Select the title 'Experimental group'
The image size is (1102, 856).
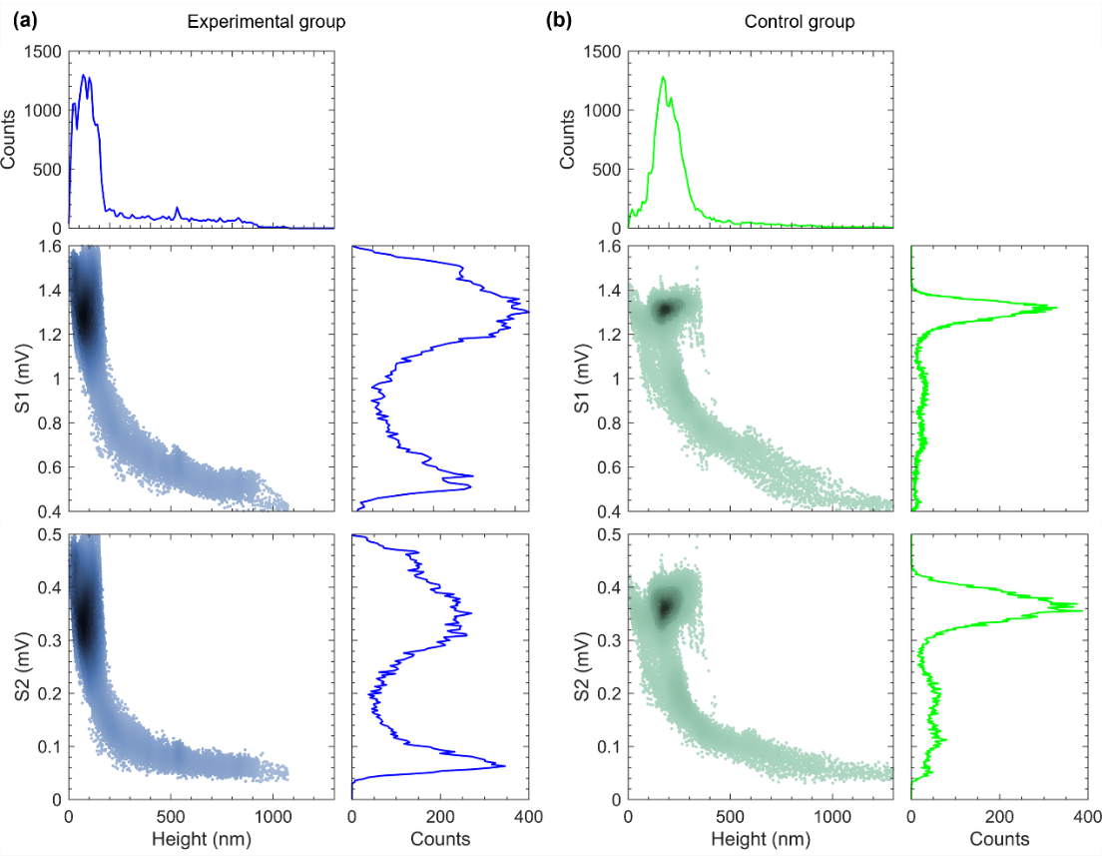coord(268,21)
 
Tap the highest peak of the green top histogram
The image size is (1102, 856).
coord(663,77)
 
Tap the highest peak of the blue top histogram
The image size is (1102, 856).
coord(84,76)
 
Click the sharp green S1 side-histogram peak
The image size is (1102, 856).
coord(1054,309)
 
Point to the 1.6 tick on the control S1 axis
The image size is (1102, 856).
coord(607,247)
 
